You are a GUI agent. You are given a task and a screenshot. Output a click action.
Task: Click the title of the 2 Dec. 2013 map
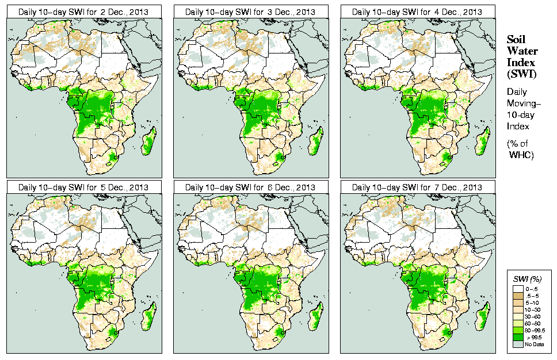[83, 12]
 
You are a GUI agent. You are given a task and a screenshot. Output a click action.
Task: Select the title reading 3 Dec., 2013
[250, 12]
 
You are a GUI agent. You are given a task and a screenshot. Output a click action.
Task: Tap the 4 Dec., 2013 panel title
[417, 12]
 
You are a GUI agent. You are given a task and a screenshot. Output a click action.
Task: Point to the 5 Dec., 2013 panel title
[83, 187]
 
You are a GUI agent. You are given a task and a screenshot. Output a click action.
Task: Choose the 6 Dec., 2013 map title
[250, 187]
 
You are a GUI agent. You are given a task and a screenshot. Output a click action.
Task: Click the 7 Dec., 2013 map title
[417, 187]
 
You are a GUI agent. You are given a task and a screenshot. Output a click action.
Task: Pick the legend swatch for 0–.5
[518, 287]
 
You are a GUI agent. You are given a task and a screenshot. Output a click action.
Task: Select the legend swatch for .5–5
[518, 294]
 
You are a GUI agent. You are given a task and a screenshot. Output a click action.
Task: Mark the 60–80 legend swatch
[518, 323]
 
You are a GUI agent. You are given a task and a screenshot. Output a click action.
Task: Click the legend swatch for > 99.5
[518, 338]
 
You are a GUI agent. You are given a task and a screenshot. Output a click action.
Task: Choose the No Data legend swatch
[518, 344]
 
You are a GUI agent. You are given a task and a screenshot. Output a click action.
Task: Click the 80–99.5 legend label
[534, 331]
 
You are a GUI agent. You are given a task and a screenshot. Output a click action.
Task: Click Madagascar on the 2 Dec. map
[148, 141]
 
